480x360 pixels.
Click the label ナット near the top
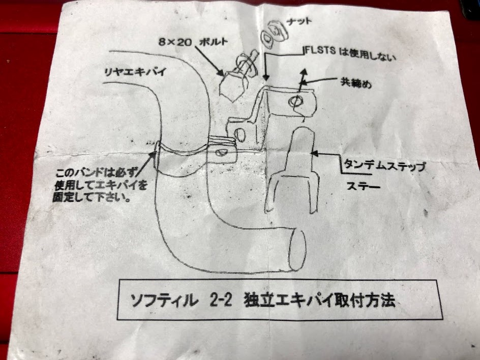click(x=299, y=22)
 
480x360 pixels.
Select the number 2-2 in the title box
click(x=220, y=299)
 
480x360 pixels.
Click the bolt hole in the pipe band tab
click(x=220, y=152)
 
